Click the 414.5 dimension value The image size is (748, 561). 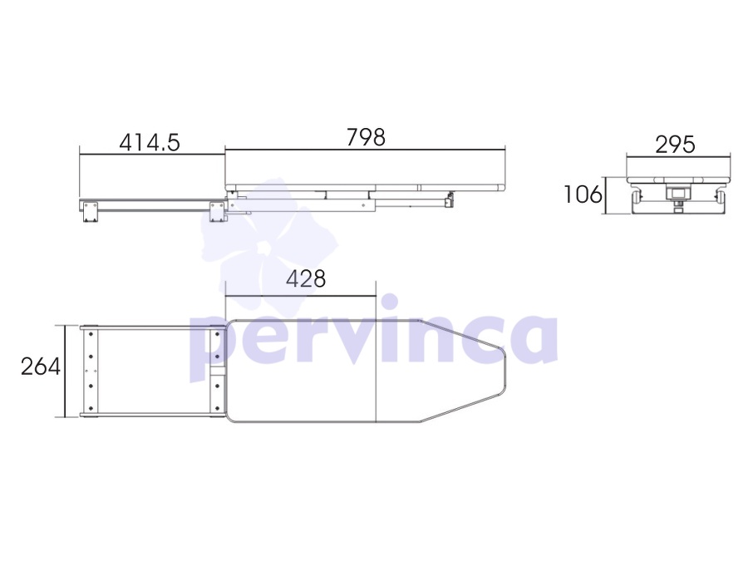[x=150, y=143]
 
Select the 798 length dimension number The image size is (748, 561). [x=366, y=137]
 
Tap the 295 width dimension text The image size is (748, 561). [x=675, y=145]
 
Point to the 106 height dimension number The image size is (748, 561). [x=583, y=194]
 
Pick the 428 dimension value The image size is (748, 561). [x=306, y=278]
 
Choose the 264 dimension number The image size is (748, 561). [x=41, y=367]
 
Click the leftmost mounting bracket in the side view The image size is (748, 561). [x=90, y=211]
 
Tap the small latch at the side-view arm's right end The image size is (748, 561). [x=449, y=199]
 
